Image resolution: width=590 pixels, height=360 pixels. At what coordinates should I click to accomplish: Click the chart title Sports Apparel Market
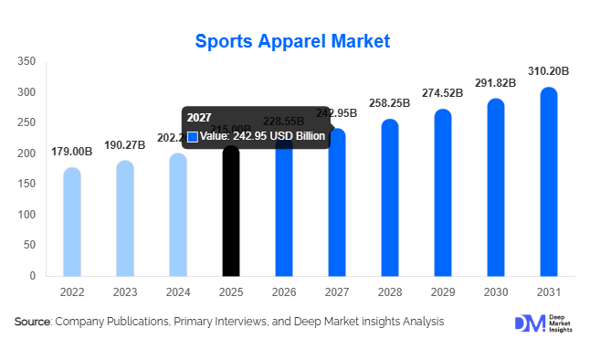pyautogui.click(x=292, y=41)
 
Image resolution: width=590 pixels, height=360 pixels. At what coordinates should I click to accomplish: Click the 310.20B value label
pyautogui.click(x=549, y=70)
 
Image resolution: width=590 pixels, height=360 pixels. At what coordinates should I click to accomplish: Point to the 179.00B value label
pyautogui.click(x=72, y=151)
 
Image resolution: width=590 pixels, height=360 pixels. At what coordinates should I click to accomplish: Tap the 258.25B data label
pyautogui.click(x=390, y=103)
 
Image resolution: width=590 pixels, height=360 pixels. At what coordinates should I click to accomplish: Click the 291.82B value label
pyautogui.click(x=496, y=82)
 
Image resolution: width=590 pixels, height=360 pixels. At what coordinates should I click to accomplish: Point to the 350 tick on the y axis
pyautogui.click(x=26, y=61)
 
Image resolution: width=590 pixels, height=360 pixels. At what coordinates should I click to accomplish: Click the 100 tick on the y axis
pyautogui.click(x=26, y=215)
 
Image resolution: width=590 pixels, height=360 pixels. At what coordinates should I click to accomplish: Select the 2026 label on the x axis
pyautogui.click(x=284, y=291)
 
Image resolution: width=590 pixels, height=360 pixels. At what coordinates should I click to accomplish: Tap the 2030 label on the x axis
pyautogui.click(x=496, y=291)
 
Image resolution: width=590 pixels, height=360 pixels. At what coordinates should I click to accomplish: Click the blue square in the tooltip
pyautogui.click(x=193, y=137)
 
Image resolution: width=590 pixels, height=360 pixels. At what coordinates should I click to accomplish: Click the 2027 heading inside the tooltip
pyautogui.click(x=198, y=118)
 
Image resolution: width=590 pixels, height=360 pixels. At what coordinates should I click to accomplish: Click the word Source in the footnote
pyautogui.click(x=33, y=322)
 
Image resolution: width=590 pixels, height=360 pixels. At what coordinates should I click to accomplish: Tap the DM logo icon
pyautogui.click(x=530, y=323)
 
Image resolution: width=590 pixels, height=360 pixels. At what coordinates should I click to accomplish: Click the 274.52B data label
pyautogui.click(x=443, y=93)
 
